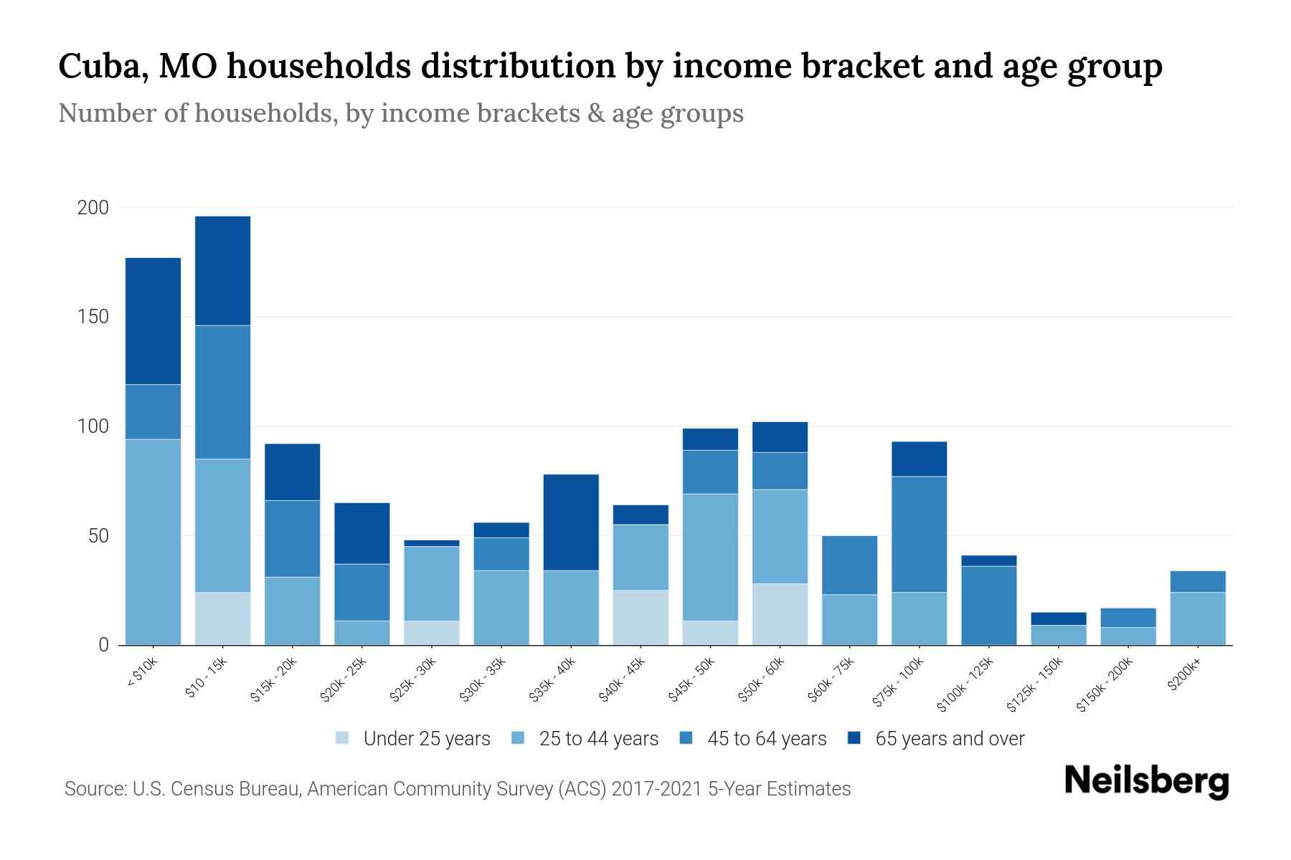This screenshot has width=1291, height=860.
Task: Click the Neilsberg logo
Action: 1146,781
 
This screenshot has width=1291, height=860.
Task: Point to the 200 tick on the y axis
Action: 93,208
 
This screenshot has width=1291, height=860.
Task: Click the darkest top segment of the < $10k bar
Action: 153,321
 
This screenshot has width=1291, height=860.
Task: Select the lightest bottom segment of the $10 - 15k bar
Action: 222,618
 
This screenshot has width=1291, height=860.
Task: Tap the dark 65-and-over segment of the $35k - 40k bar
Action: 571,522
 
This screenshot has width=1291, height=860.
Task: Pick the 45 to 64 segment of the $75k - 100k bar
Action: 919,534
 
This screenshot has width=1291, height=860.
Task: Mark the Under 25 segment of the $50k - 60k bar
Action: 780,614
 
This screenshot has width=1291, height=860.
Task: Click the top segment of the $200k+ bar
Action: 1197,581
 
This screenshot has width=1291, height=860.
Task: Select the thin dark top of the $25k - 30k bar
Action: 432,543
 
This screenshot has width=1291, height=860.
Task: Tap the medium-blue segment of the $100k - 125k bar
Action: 988,605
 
